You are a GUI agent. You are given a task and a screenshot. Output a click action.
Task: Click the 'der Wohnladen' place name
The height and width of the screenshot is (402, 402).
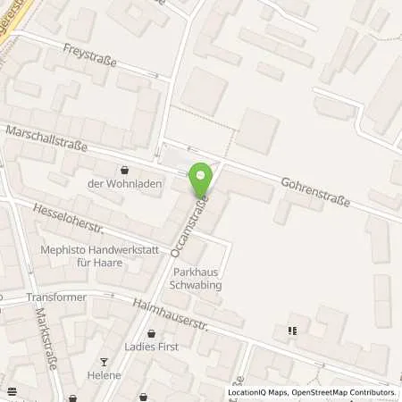click(x=124, y=185)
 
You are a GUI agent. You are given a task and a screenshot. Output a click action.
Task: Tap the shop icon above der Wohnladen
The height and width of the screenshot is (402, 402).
click(x=124, y=169)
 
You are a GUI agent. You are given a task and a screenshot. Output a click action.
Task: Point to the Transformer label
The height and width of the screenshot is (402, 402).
click(x=56, y=297)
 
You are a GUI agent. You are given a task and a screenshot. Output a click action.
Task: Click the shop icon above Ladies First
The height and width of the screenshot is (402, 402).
click(x=150, y=333)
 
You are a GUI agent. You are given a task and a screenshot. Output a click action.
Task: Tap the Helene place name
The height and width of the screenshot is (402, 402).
click(x=105, y=375)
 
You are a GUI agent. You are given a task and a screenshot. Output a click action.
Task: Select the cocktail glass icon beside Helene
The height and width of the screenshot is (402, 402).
click(x=104, y=362)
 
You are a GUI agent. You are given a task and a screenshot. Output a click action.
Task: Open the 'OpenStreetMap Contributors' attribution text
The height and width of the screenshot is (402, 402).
click(x=346, y=392)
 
